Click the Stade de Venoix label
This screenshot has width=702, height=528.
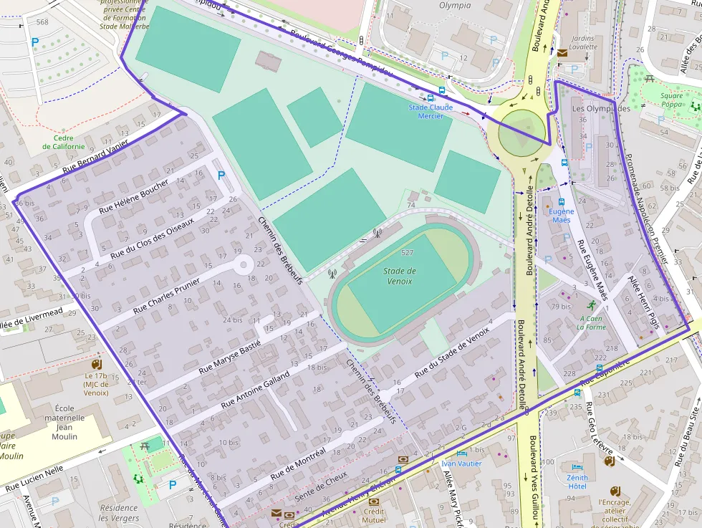pyautogui.click(x=399, y=276)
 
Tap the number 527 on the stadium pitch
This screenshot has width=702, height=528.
pyautogui.click(x=408, y=253)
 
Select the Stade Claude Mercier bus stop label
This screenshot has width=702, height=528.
pyautogui.click(x=431, y=111)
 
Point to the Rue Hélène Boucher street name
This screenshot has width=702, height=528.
pyautogui.click(x=134, y=196)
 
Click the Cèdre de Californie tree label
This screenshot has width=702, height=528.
pyautogui.click(x=63, y=142)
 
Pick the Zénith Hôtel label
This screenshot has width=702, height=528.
pyautogui.click(x=577, y=481)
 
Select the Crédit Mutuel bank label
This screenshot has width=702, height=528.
pyautogui.click(x=374, y=516)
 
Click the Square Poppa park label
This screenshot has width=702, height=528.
pyautogui.click(x=671, y=100)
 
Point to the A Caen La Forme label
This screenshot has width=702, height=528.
pyautogui.click(x=592, y=322)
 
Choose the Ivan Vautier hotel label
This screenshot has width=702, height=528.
pyautogui.click(x=461, y=463)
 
